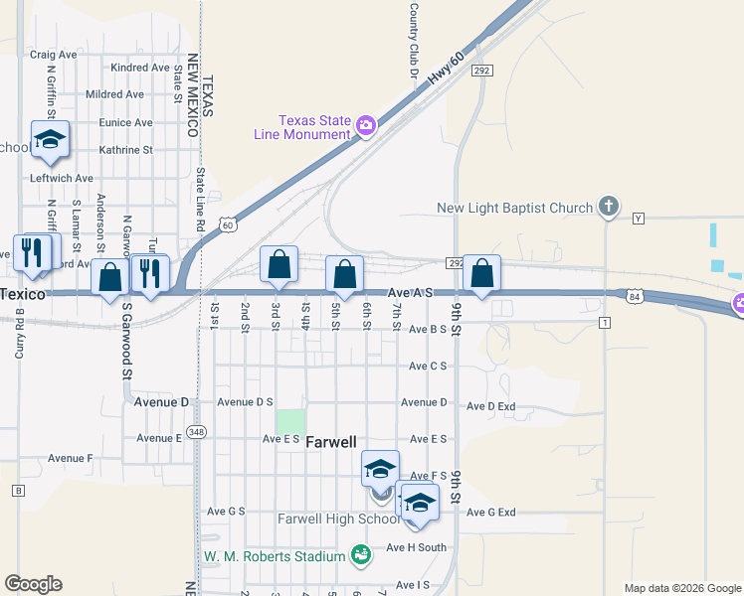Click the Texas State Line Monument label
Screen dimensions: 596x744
(x=314, y=127)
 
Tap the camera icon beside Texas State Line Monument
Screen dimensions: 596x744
(x=366, y=124)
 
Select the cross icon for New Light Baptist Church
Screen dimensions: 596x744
(x=608, y=208)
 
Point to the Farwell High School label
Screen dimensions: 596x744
(x=338, y=519)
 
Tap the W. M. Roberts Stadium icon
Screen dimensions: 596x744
(x=361, y=554)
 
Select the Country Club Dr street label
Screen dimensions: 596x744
(x=413, y=41)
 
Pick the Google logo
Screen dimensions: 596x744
(x=33, y=584)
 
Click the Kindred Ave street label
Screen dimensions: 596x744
(x=140, y=68)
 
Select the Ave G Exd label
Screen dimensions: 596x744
(x=491, y=513)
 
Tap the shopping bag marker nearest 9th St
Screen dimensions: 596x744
(x=481, y=274)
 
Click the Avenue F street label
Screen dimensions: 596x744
(x=70, y=458)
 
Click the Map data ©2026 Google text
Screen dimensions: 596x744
(x=681, y=588)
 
